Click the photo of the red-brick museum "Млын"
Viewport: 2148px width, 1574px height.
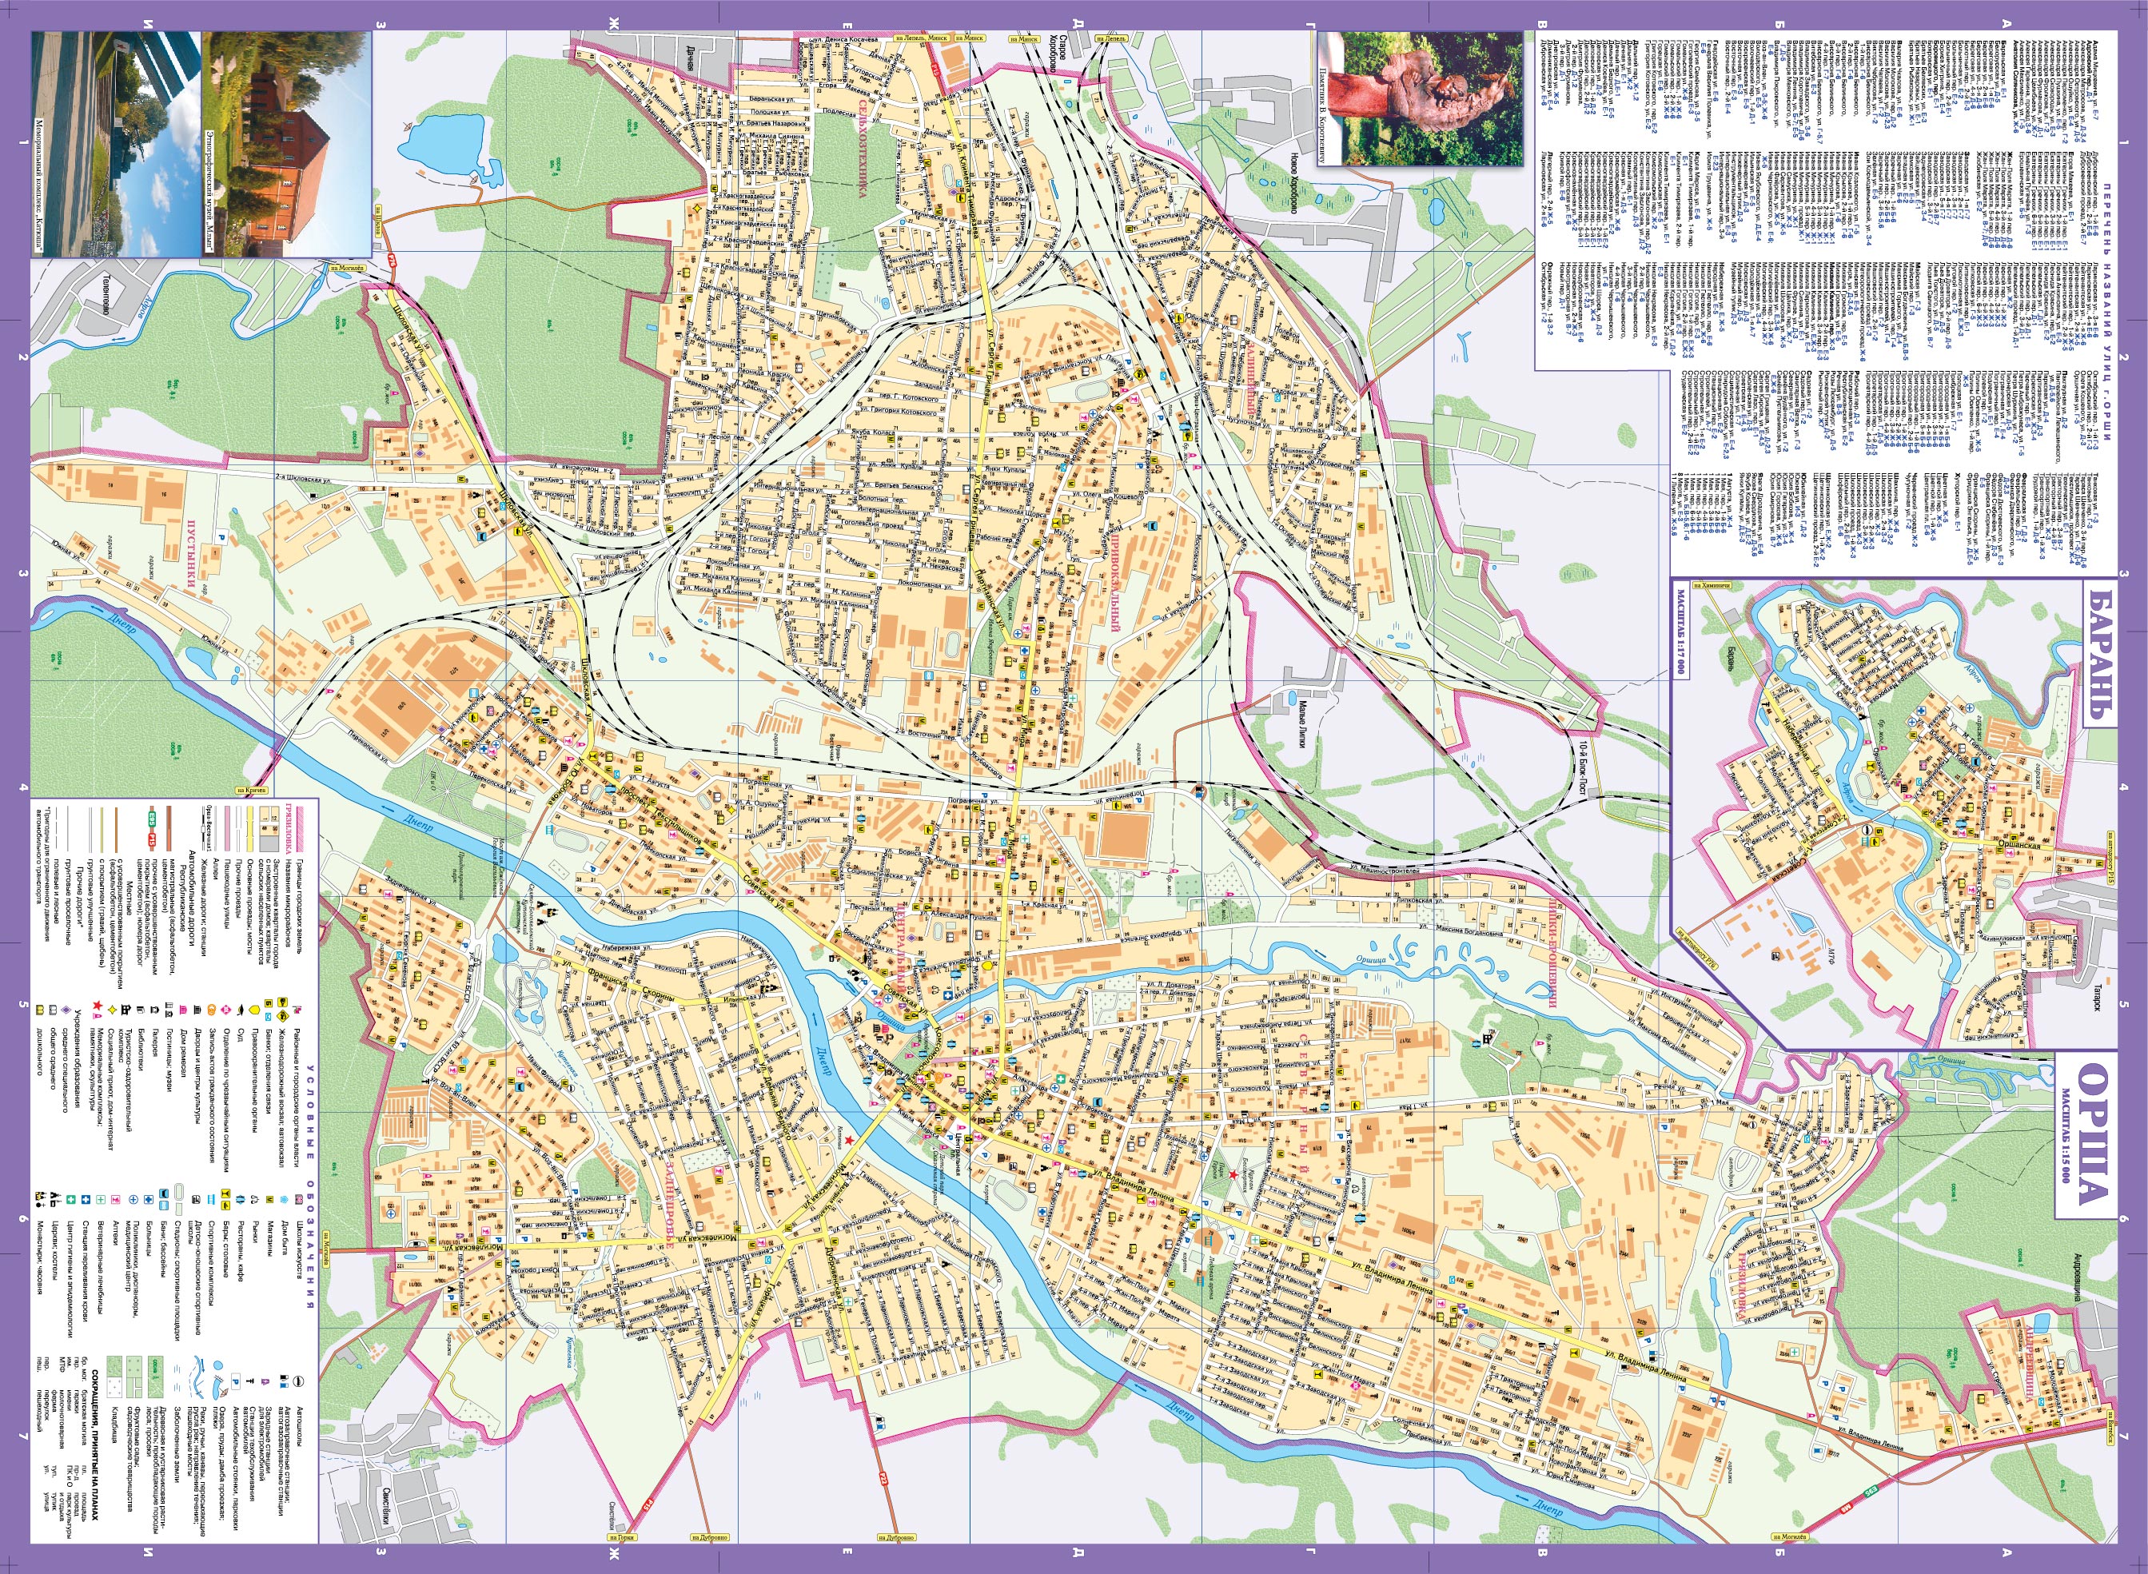[x=285, y=143]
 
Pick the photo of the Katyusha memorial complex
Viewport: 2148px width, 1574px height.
[x=116, y=143]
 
